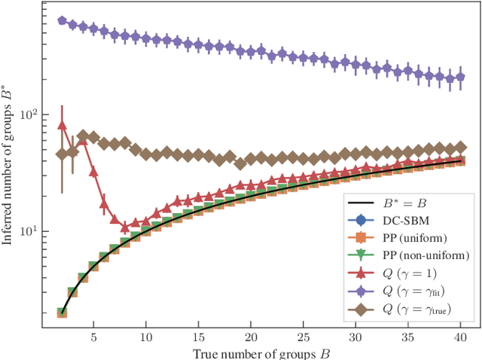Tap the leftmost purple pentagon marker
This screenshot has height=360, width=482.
[63, 21]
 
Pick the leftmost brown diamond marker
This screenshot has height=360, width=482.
[63, 154]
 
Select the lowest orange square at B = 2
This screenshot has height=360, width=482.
[63, 313]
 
